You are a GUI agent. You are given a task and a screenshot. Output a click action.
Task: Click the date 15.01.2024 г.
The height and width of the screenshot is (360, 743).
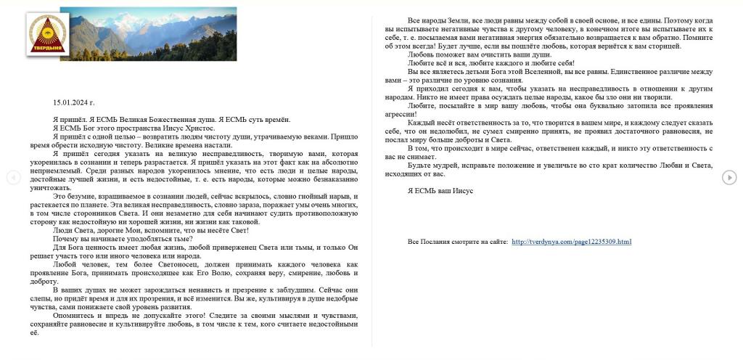tap(73, 102)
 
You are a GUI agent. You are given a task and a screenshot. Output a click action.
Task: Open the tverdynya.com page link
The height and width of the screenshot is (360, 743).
tap(571, 242)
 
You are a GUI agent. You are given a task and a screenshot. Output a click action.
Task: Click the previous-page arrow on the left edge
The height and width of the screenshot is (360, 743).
tap(12, 177)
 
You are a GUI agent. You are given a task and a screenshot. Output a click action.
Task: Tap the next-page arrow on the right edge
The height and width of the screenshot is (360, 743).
tap(729, 177)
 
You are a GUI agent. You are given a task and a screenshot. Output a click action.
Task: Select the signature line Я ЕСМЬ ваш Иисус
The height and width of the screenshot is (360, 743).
tap(440, 190)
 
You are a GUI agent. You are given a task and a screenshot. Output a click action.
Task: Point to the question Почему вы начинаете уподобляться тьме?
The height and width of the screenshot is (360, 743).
tap(122, 239)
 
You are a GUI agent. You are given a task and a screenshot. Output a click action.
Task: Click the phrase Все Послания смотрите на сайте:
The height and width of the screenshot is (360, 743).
tap(457, 242)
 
